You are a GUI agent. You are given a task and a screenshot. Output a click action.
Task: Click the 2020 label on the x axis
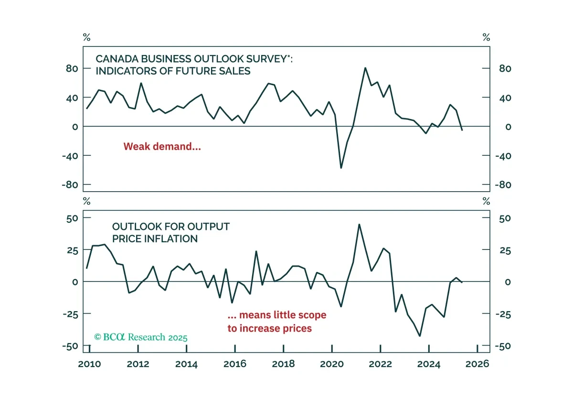pos(332,364)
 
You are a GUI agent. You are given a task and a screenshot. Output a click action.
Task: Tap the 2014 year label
pos(186,364)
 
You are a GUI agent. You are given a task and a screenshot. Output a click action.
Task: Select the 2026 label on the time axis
pos(477,364)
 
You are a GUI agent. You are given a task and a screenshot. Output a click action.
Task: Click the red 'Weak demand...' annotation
pos(162,146)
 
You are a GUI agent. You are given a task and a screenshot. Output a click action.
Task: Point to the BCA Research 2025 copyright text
pos(141,337)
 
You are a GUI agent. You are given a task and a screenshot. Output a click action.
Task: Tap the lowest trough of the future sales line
pos(341,168)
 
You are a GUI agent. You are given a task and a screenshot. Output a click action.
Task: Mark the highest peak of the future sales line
pos(365,68)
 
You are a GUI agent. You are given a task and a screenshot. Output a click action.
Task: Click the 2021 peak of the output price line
pos(359,224)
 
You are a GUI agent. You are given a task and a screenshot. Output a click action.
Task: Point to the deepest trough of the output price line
pos(420,336)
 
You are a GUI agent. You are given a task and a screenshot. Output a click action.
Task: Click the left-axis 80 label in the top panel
pos(72,69)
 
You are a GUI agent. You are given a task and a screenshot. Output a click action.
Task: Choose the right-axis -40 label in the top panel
pos(503,156)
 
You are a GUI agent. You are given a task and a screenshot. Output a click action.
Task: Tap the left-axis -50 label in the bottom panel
pos(70,346)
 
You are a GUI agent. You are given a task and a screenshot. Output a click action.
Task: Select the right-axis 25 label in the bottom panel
pos(505,250)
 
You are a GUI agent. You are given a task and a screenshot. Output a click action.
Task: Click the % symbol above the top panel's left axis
pos(87,37)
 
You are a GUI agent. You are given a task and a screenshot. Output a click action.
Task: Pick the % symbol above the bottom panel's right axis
pos(486,201)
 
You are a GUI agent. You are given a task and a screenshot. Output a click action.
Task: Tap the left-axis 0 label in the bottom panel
pos(75,282)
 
